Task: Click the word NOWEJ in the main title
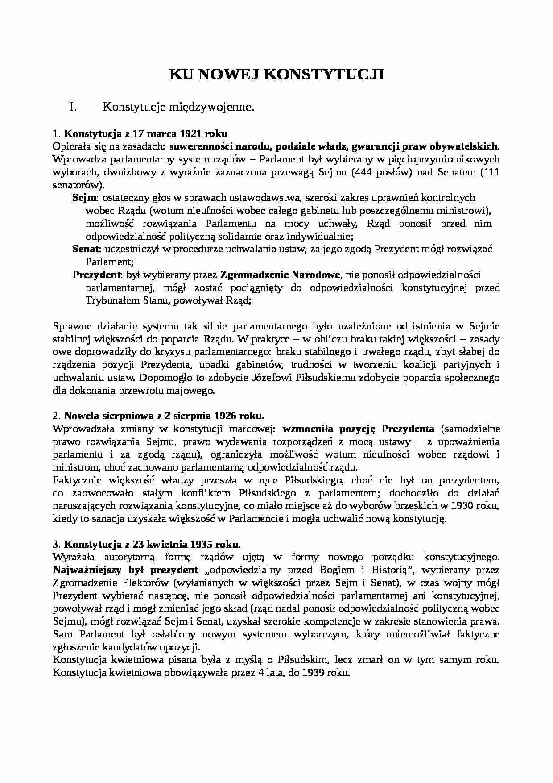click(x=226, y=75)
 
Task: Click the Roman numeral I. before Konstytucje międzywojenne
click(x=74, y=107)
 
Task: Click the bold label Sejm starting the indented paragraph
click(x=81, y=198)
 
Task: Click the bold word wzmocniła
click(x=303, y=429)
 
